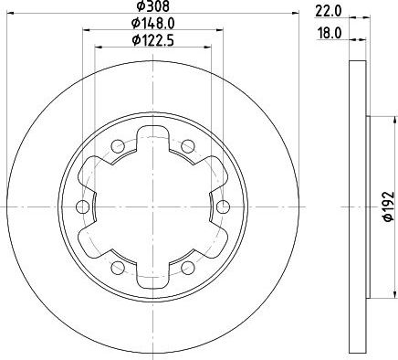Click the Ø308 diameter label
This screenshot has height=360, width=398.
pos(152,5)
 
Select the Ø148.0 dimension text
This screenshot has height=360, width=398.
pos(152,23)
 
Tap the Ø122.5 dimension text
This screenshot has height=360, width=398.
pos(152,40)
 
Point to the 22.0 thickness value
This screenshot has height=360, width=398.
pos(329,12)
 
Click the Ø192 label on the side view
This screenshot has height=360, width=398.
pos(389,206)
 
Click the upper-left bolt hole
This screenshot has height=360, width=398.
pos(118,146)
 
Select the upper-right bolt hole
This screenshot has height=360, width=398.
pos(188,146)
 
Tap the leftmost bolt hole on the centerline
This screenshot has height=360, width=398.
pos(82,207)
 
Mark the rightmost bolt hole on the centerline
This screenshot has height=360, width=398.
pos(224,207)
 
